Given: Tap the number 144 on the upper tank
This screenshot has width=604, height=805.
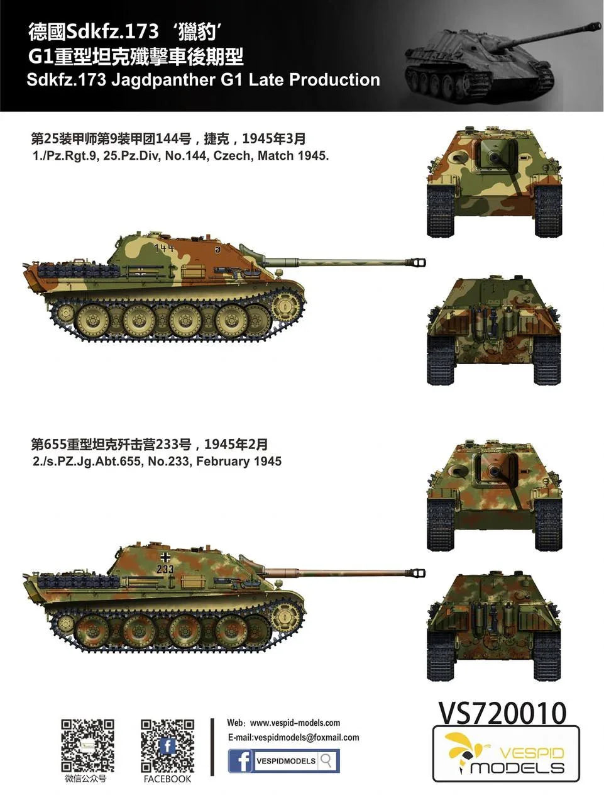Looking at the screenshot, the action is pos(163,248).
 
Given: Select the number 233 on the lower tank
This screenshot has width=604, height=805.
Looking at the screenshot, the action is pos(165,570).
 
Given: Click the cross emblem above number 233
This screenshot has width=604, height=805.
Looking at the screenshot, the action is pos(165,558).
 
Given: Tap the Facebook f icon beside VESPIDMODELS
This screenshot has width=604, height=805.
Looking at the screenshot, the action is pos(239,760).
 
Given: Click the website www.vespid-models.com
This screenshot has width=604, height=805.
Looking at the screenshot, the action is pos(295,723).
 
